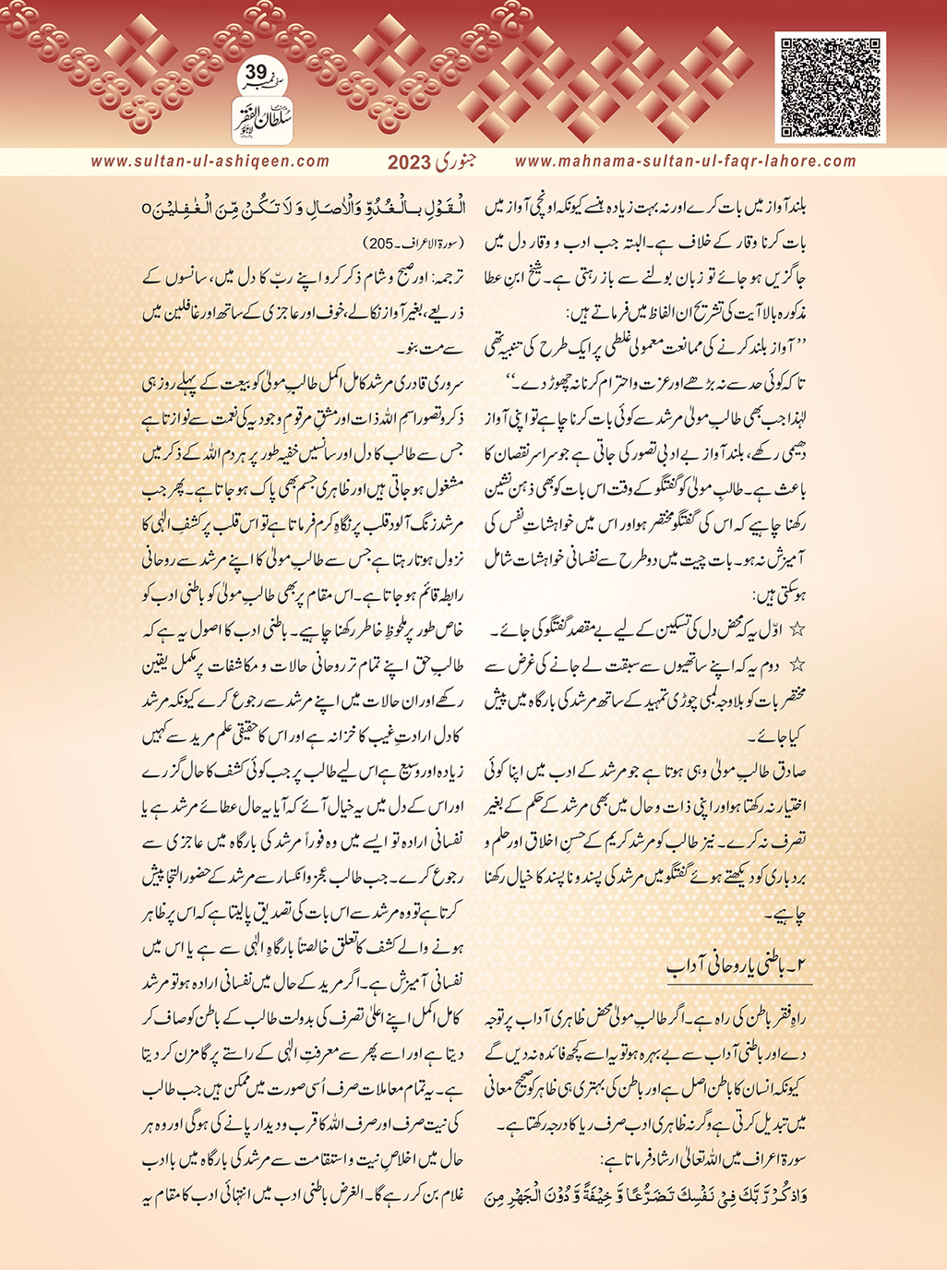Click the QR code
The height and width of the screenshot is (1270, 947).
(x=832, y=87)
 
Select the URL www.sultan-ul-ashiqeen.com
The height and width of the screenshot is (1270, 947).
(x=210, y=161)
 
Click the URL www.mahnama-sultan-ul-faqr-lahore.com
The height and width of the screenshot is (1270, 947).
(x=685, y=161)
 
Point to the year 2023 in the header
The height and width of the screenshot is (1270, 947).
(x=409, y=162)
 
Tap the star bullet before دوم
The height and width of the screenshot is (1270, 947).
(x=797, y=665)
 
